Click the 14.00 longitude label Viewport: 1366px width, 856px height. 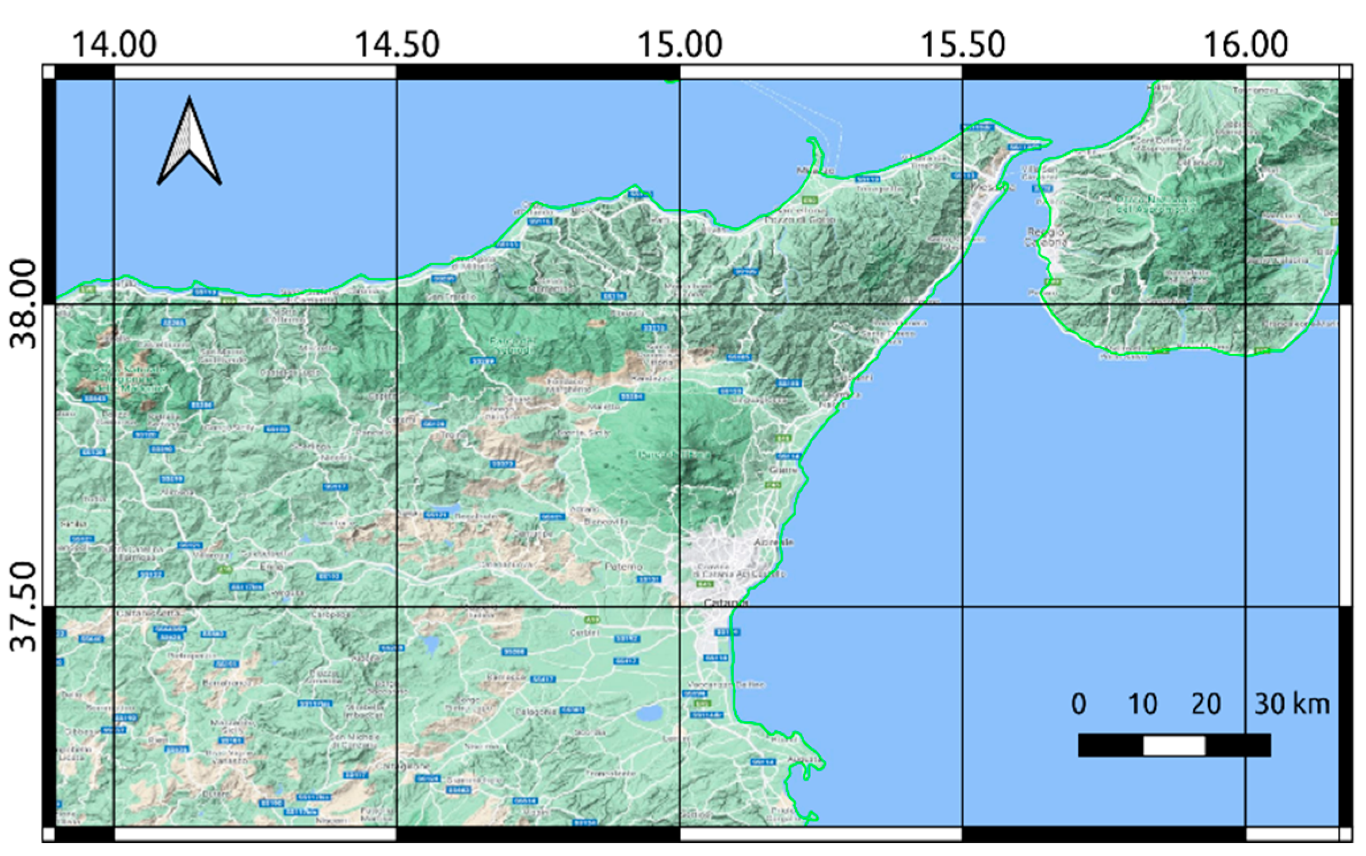(114, 44)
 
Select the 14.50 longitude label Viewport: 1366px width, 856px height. (397, 44)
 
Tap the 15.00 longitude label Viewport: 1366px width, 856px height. (680, 44)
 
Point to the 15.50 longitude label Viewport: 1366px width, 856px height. (963, 44)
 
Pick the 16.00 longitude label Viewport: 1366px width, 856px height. (1245, 44)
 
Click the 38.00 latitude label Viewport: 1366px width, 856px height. (24, 304)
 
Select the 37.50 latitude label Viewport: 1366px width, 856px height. (24, 607)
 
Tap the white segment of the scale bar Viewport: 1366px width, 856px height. (1174, 746)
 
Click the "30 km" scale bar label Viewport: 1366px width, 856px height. (1292, 704)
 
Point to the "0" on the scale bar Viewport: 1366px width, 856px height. (1078, 704)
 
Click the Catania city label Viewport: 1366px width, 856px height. (726, 602)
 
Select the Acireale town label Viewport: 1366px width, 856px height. (774, 542)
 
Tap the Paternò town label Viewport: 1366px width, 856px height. (623, 567)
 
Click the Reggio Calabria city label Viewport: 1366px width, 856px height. (1046, 237)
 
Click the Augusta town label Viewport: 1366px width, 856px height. (805, 759)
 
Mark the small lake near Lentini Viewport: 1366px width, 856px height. (649, 714)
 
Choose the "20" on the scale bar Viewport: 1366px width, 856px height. (1206, 704)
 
